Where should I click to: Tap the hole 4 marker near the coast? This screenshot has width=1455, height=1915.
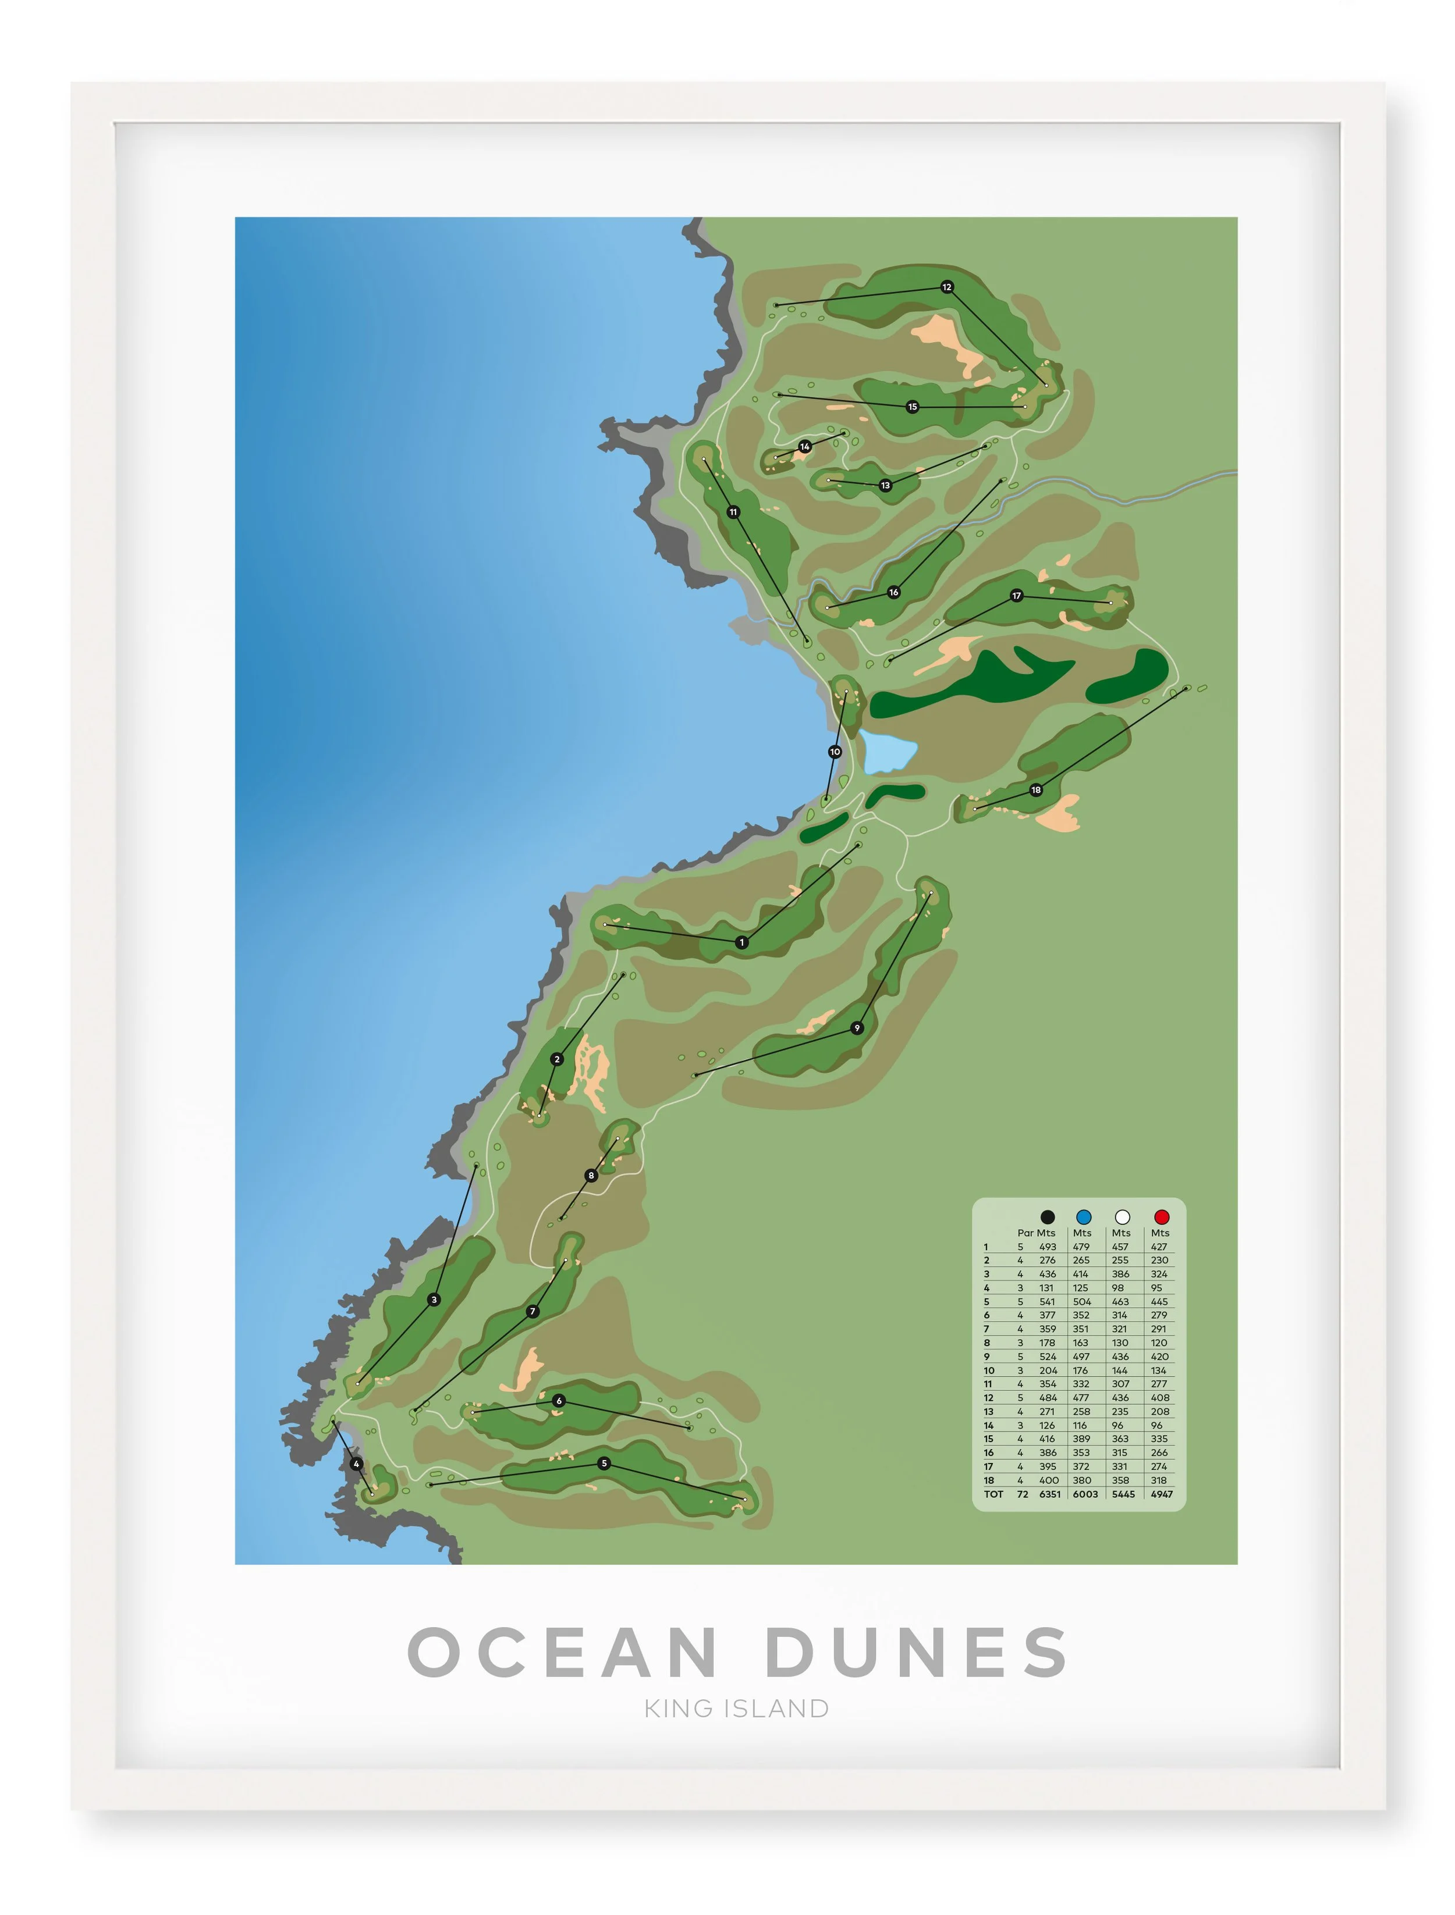tap(356, 1463)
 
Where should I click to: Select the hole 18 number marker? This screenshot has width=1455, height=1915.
tap(1036, 789)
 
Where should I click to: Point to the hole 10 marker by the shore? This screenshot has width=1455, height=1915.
tap(835, 752)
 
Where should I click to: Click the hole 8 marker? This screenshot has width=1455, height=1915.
tap(591, 1175)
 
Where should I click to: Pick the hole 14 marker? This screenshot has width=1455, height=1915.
tap(804, 447)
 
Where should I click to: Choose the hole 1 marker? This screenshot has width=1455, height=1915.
tap(741, 942)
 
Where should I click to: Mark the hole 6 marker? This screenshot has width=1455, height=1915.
tap(559, 1400)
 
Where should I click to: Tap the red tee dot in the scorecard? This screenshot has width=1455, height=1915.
tap(1162, 1216)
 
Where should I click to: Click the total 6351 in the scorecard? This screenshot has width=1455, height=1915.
tap(1050, 1493)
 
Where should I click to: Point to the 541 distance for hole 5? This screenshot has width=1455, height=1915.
tap(1047, 1301)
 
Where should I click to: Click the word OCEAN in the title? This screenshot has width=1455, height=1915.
tap(563, 1652)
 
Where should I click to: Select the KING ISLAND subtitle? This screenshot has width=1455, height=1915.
tap(736, 1708)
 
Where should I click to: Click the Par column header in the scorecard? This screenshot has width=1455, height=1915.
tap(1024, 1233)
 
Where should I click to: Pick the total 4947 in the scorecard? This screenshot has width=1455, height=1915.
tap(1162, 1493)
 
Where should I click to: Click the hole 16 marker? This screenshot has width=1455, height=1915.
tap(894, 592)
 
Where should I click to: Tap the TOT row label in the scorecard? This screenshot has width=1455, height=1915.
tap(993, 1493)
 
